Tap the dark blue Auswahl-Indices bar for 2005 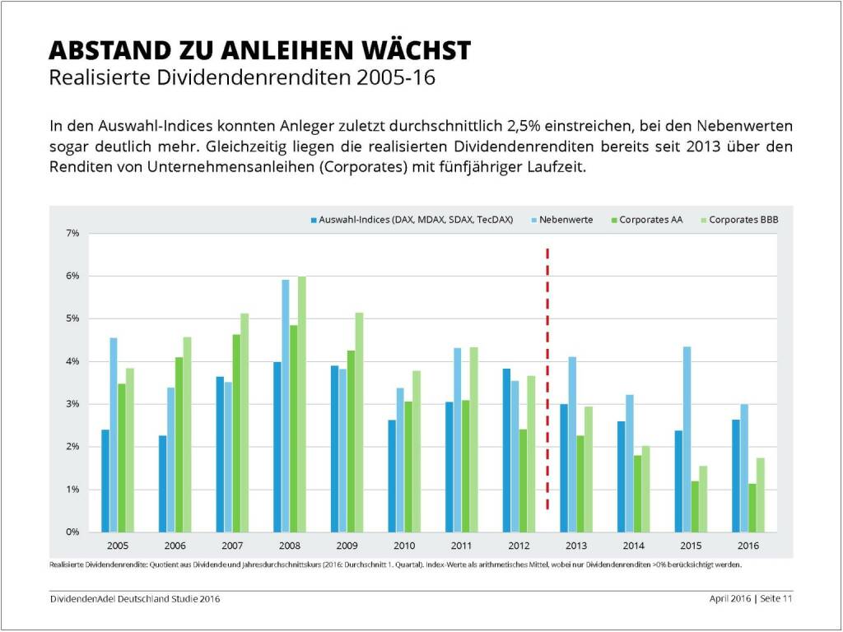click(x=105, y=481)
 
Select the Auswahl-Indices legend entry click(x=412, y=220)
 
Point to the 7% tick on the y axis click(x=73, y=234)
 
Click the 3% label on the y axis click(x=73, y=404)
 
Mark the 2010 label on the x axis click(x=404, y=545)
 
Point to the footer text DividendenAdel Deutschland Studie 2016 click(x=135, y=598)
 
